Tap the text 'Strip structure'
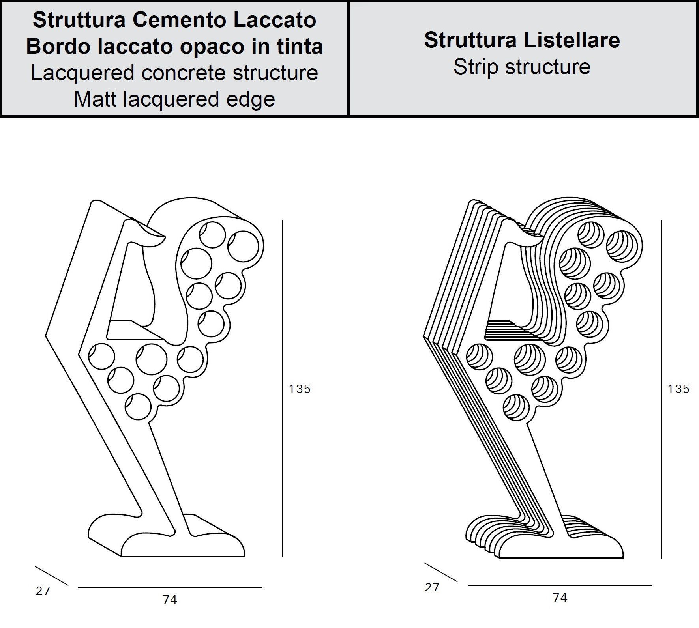coord(522,67)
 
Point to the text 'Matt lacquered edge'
coord(174,99)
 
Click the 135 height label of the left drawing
coord(300,389)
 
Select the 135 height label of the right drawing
coord(678,389)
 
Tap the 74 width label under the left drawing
coord(170,600)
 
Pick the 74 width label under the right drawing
coord(560,598)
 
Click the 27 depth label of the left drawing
coord(43,591)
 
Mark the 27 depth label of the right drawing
coord(432,587)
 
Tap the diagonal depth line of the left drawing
coord(51,576)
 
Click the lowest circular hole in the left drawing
coord(138,406)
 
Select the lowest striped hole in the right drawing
coord(516,407)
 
